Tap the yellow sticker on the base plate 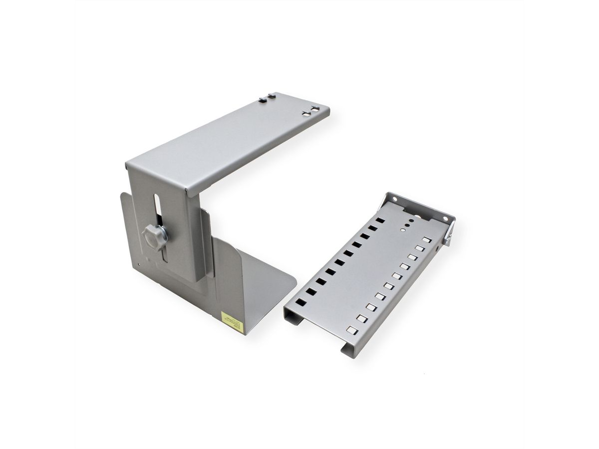click(233, 322)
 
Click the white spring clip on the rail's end click(448, 234)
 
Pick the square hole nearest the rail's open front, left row click(300, 302)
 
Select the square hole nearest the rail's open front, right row click(352, 330)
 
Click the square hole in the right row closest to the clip click(426, 240)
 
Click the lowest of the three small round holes click(403, 230)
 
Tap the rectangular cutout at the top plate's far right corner click(315, 108)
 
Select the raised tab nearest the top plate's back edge click(272, 95)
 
